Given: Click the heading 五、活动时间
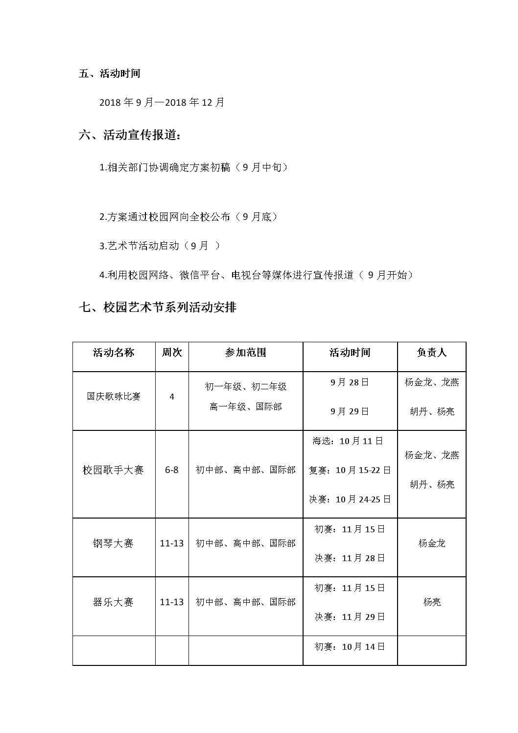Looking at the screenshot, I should pos(110,73).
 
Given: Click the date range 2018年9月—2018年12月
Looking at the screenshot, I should pos(162,102).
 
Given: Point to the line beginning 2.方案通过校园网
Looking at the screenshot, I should pos(188,216).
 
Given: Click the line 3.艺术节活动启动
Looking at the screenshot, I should pos(159,246).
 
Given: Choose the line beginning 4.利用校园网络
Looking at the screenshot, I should pos(256,275).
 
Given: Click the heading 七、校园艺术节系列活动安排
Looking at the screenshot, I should pos(158,307).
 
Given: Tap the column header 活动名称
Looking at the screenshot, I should pos(114,353).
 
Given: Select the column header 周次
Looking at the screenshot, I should pos(172,353).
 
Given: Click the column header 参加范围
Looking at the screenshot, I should pos(245,353).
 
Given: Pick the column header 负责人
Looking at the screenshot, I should pos(431,353).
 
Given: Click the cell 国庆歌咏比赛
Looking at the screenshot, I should pos(114,397).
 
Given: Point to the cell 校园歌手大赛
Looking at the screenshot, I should pos(114,470).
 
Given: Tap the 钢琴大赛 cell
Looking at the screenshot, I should pos(114,544).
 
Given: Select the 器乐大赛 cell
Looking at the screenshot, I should pos(114,602).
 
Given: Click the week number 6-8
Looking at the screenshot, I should pos(172,470).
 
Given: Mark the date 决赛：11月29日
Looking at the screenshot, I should pos(350,617).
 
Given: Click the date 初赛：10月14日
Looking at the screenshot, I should pos(350,647).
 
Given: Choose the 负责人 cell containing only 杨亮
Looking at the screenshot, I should pos(432,602).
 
